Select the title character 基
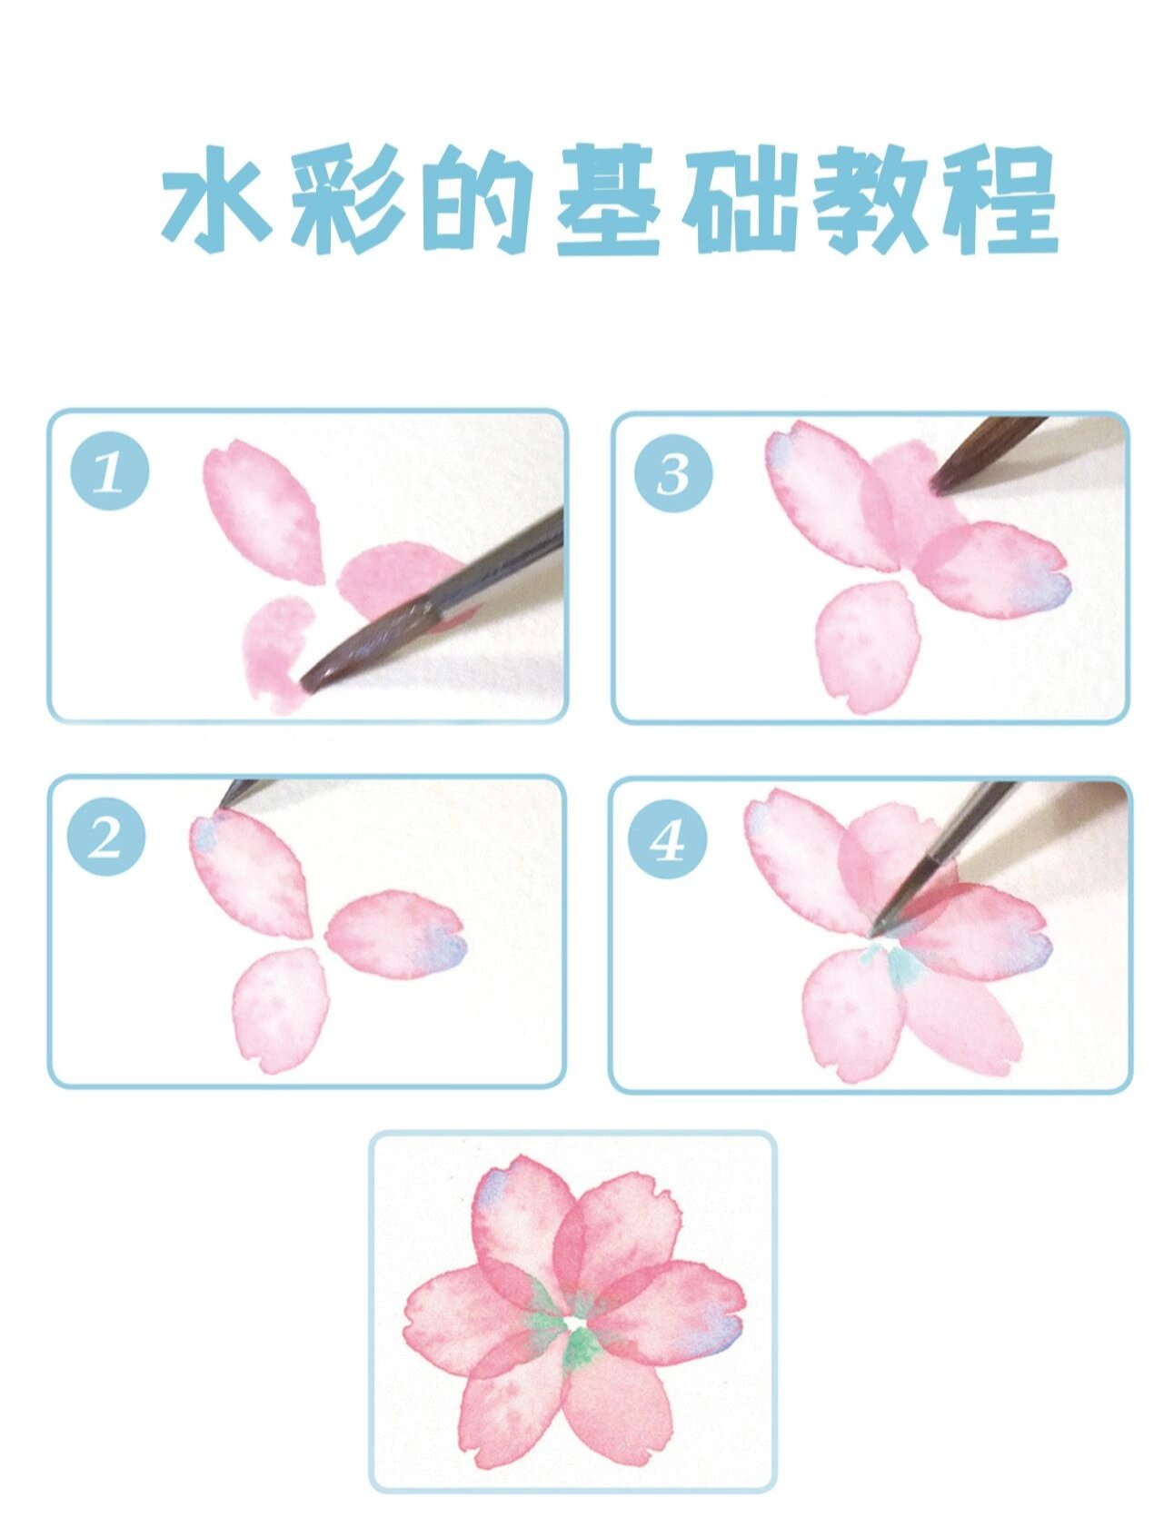[607, 202]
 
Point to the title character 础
[741, 202]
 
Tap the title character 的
[477, 202]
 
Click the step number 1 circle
[110, 472]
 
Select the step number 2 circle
[107, 837]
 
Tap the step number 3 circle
[673, 473]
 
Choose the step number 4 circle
[668, 840]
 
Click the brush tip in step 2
[222, 804]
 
